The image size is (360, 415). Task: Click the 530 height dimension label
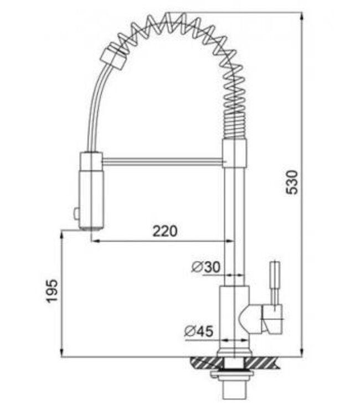293,182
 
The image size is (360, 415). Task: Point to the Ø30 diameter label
205,267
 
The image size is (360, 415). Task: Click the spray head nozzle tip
91,226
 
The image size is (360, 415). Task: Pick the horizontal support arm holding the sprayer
163,161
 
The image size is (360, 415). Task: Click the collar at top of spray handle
91,161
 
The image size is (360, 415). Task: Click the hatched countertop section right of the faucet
266,364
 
